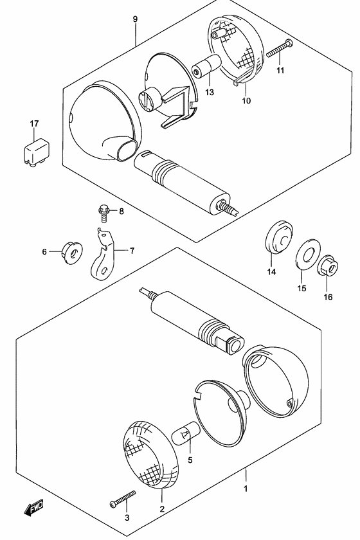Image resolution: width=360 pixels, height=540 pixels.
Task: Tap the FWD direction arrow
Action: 34,508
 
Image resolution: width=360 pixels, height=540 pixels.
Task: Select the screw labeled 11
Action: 280,48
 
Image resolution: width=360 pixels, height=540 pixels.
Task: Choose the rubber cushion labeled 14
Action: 279,237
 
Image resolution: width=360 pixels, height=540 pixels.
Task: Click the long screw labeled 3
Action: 123,499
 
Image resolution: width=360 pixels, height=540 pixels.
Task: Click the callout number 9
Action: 135,19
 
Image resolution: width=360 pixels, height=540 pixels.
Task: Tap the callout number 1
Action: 246,489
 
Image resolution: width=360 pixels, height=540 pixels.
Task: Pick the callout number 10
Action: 246,100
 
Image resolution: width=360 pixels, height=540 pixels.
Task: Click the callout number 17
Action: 34,123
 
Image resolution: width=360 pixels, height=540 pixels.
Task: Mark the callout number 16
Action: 328,297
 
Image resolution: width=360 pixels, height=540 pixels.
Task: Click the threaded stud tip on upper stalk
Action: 233,210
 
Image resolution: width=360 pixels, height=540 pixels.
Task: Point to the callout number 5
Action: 190,460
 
